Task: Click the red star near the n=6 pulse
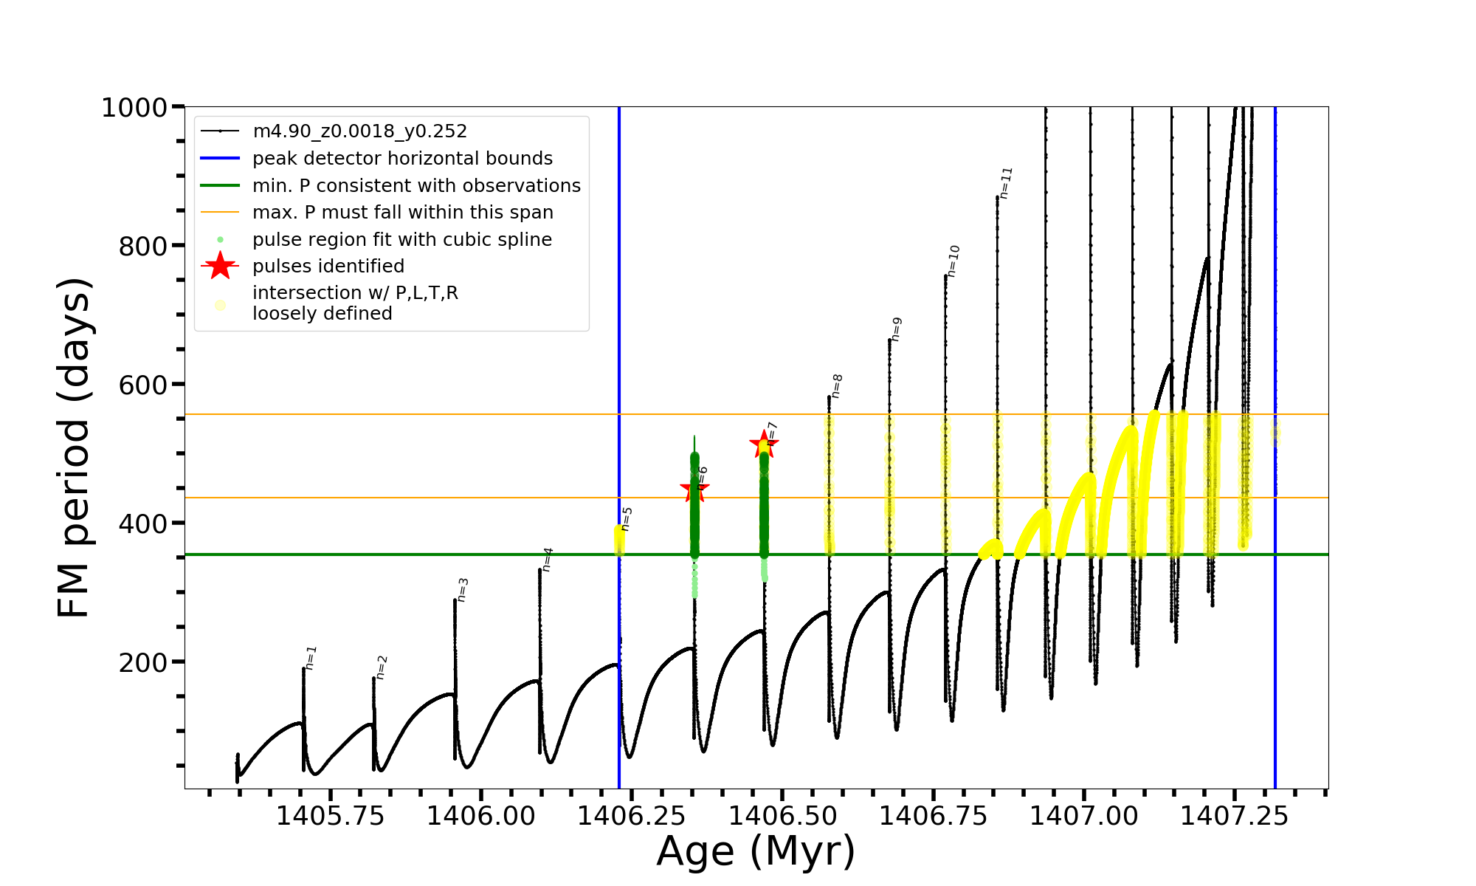(694, 488)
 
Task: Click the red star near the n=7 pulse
(764, 444)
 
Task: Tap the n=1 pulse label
(311, 657)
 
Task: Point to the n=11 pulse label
(1005, 182)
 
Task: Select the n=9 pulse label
(896, 329)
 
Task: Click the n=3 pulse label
(463, 589)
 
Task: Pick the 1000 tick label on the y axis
(134, 108)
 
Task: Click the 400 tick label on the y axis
(143, 523)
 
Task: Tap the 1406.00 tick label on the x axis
(480, 816)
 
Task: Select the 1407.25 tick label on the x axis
(1234, 816)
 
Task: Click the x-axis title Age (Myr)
(756, 851)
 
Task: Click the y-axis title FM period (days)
(74, 447)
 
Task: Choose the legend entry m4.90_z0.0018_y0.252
(359, 131)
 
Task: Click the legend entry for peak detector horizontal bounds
(402, 159)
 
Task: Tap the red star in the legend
(220, 266)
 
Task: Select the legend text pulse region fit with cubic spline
(402, 240)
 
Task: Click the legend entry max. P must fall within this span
(402, 213)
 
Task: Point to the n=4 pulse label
(547, 559)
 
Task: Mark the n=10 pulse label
(953, 261)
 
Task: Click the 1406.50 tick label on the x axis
(783, 816)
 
